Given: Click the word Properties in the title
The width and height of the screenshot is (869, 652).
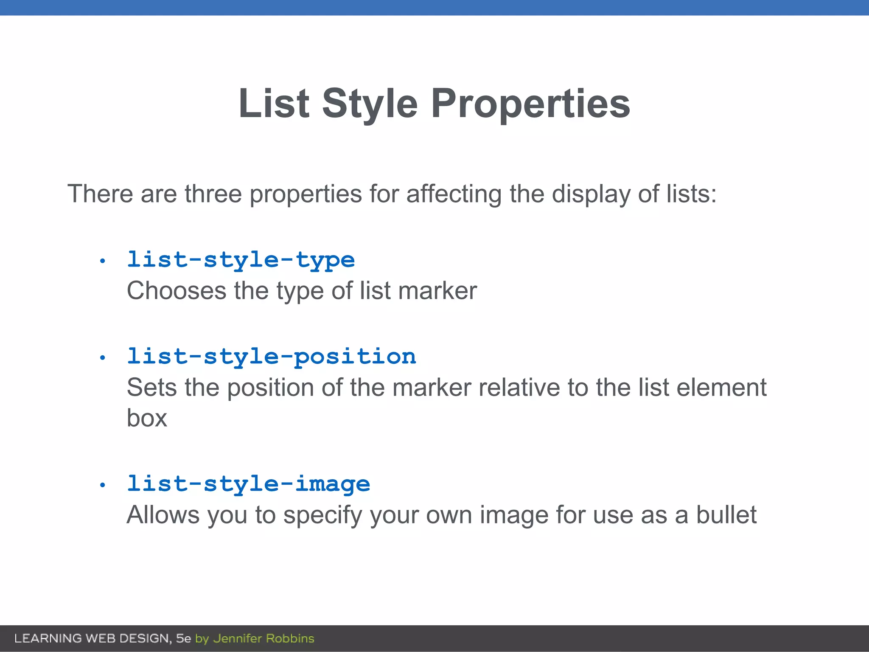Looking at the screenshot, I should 530,104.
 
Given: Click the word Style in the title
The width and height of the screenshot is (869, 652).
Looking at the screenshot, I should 370,104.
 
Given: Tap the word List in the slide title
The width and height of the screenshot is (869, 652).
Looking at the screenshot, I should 274,104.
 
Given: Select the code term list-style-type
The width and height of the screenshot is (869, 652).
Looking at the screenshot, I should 241,260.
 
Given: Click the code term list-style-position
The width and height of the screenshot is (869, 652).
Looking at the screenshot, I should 272,357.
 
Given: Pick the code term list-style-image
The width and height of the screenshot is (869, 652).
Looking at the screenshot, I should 249,484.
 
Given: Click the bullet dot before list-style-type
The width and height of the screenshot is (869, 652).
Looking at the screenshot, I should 102,261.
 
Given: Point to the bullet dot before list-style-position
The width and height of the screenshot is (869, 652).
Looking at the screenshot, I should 102,358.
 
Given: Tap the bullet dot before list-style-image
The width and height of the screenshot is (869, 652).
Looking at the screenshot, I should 102,485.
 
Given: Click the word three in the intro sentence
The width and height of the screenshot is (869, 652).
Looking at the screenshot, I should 213,194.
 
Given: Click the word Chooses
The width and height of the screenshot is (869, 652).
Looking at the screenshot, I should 177,291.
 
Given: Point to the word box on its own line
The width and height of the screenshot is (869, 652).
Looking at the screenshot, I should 147,419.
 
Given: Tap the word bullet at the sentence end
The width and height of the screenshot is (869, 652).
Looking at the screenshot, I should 726,515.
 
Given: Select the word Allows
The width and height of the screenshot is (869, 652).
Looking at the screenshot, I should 163,515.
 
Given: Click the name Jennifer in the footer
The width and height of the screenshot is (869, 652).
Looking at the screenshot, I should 238,638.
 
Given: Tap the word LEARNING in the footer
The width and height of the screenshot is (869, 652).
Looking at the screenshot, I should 48,638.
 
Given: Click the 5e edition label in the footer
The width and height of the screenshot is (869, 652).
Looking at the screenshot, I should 183,638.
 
